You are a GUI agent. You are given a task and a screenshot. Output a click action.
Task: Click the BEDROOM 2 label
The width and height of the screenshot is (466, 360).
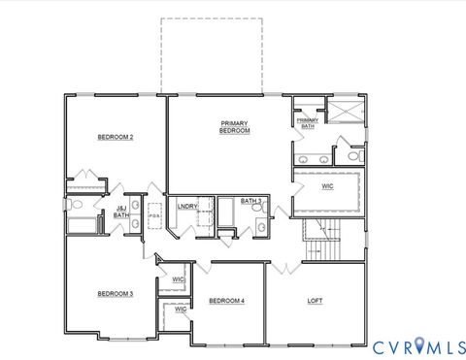click(115, 138)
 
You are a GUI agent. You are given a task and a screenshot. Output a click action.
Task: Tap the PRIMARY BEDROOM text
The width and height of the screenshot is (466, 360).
click(235, 127)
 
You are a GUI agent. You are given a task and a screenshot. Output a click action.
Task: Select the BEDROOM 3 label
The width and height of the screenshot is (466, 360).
click(115, 293)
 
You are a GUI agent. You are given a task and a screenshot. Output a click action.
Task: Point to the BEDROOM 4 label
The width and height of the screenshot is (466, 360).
click(226, 302)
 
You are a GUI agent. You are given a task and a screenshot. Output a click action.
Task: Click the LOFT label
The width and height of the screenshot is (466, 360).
click(315, 301)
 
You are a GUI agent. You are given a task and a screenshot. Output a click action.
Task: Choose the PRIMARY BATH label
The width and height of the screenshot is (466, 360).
click(307, 123)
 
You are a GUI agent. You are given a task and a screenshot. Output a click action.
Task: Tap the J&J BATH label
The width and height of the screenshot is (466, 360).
click(121, 212)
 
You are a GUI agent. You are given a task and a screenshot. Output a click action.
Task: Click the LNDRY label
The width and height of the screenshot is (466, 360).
click(187, 206)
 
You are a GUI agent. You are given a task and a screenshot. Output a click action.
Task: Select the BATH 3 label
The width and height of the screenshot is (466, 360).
click(250, 202)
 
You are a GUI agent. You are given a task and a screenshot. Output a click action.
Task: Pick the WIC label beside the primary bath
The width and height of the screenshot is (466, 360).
click(328, 186)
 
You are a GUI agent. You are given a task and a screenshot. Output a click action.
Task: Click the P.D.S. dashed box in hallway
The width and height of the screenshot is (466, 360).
click(154, 215)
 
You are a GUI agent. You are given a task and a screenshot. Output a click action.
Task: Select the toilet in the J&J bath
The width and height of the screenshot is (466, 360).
click(77, 205)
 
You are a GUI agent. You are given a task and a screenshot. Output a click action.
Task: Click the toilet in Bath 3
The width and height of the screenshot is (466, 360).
click(261, 227)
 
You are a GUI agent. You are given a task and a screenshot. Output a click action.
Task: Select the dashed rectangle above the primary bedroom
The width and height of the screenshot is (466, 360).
click(212, 55)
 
